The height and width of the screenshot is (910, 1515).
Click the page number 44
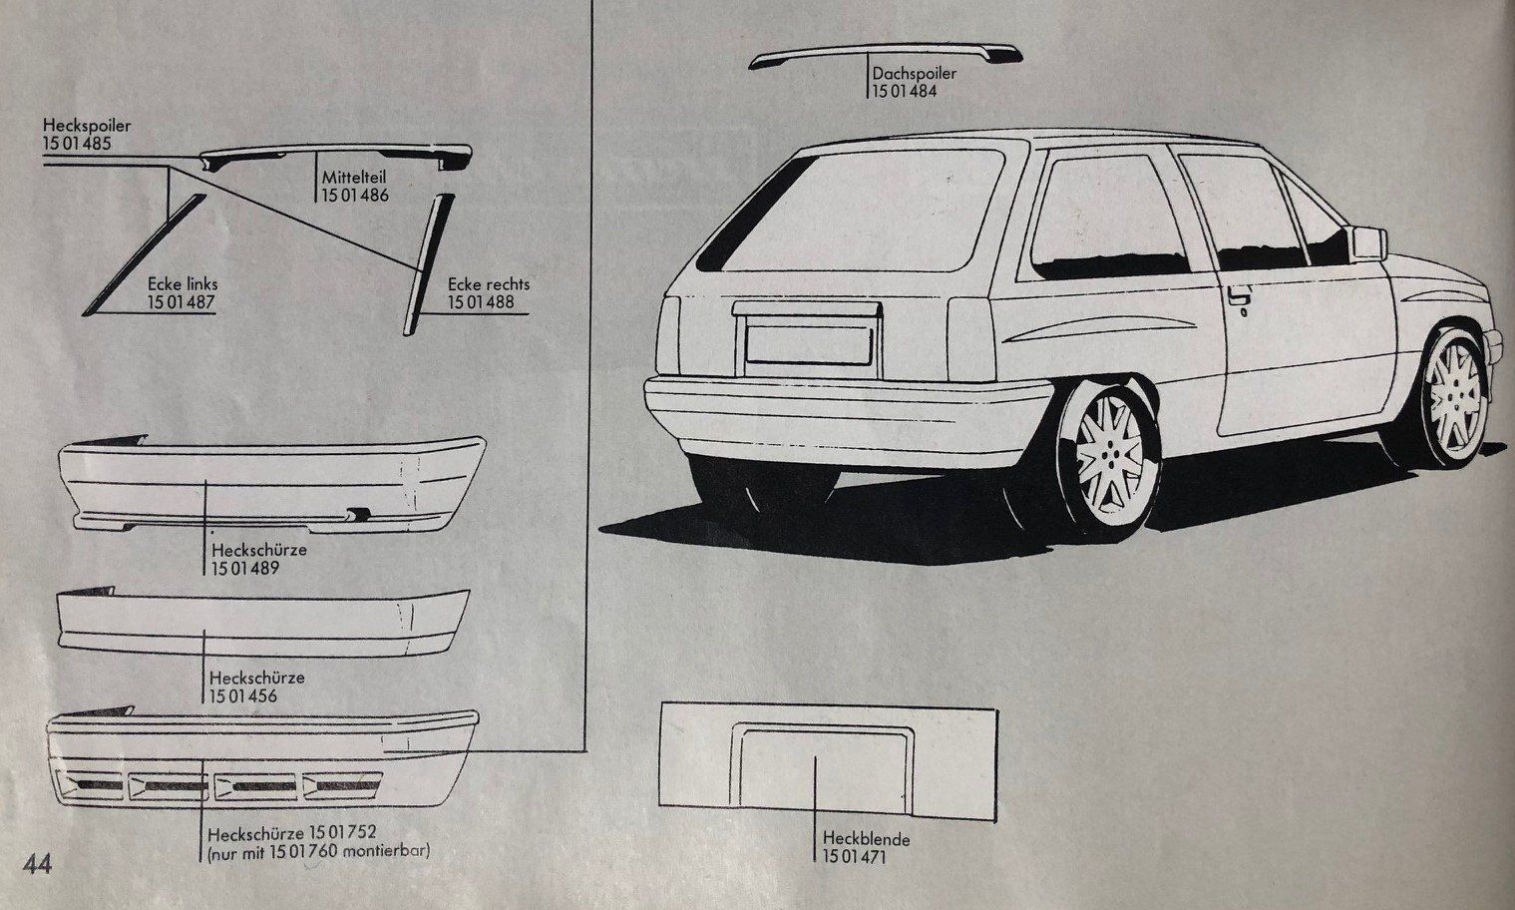coord(37,864)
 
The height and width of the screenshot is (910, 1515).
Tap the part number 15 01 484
coord(905,91)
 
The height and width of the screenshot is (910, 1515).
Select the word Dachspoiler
coord(915,73)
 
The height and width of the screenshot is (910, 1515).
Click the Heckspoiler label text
coord(87,125)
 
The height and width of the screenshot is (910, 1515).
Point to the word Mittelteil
coord(354,178)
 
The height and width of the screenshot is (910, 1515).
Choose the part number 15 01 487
coord(181,301)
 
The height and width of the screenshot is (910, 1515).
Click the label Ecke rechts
coord(489,284)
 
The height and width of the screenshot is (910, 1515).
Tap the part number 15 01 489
coord(244,568)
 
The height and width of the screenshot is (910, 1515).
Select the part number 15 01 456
coord(242,695)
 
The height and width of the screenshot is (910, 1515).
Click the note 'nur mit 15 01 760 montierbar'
coord(318,850)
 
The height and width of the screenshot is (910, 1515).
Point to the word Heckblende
coord(867,839)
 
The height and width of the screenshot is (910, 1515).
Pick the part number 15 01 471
coord(854,856)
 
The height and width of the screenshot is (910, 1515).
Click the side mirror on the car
coord(1366,242)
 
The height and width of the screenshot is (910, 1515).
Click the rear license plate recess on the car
coord(808,345)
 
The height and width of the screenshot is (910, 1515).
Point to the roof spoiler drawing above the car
coord(885,53)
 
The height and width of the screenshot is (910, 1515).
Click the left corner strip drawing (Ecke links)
coord(144,254)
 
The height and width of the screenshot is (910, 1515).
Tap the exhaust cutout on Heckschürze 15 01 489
coord(358,514)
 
